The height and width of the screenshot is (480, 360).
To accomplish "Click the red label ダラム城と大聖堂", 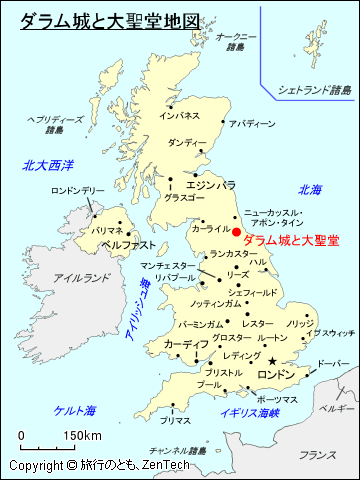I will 291,241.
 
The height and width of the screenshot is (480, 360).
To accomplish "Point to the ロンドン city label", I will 277,374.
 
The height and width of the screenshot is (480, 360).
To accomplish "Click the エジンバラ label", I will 211,185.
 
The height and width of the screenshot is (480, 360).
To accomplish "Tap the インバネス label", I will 179,116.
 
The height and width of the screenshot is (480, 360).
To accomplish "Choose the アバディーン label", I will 251,124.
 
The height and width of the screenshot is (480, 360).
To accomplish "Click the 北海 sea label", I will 310,190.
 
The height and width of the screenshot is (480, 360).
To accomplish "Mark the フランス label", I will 318,455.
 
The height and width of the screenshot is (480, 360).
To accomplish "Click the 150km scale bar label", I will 82,435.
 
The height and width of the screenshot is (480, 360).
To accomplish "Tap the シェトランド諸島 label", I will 315,90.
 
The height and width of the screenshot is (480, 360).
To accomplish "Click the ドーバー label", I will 333,364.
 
